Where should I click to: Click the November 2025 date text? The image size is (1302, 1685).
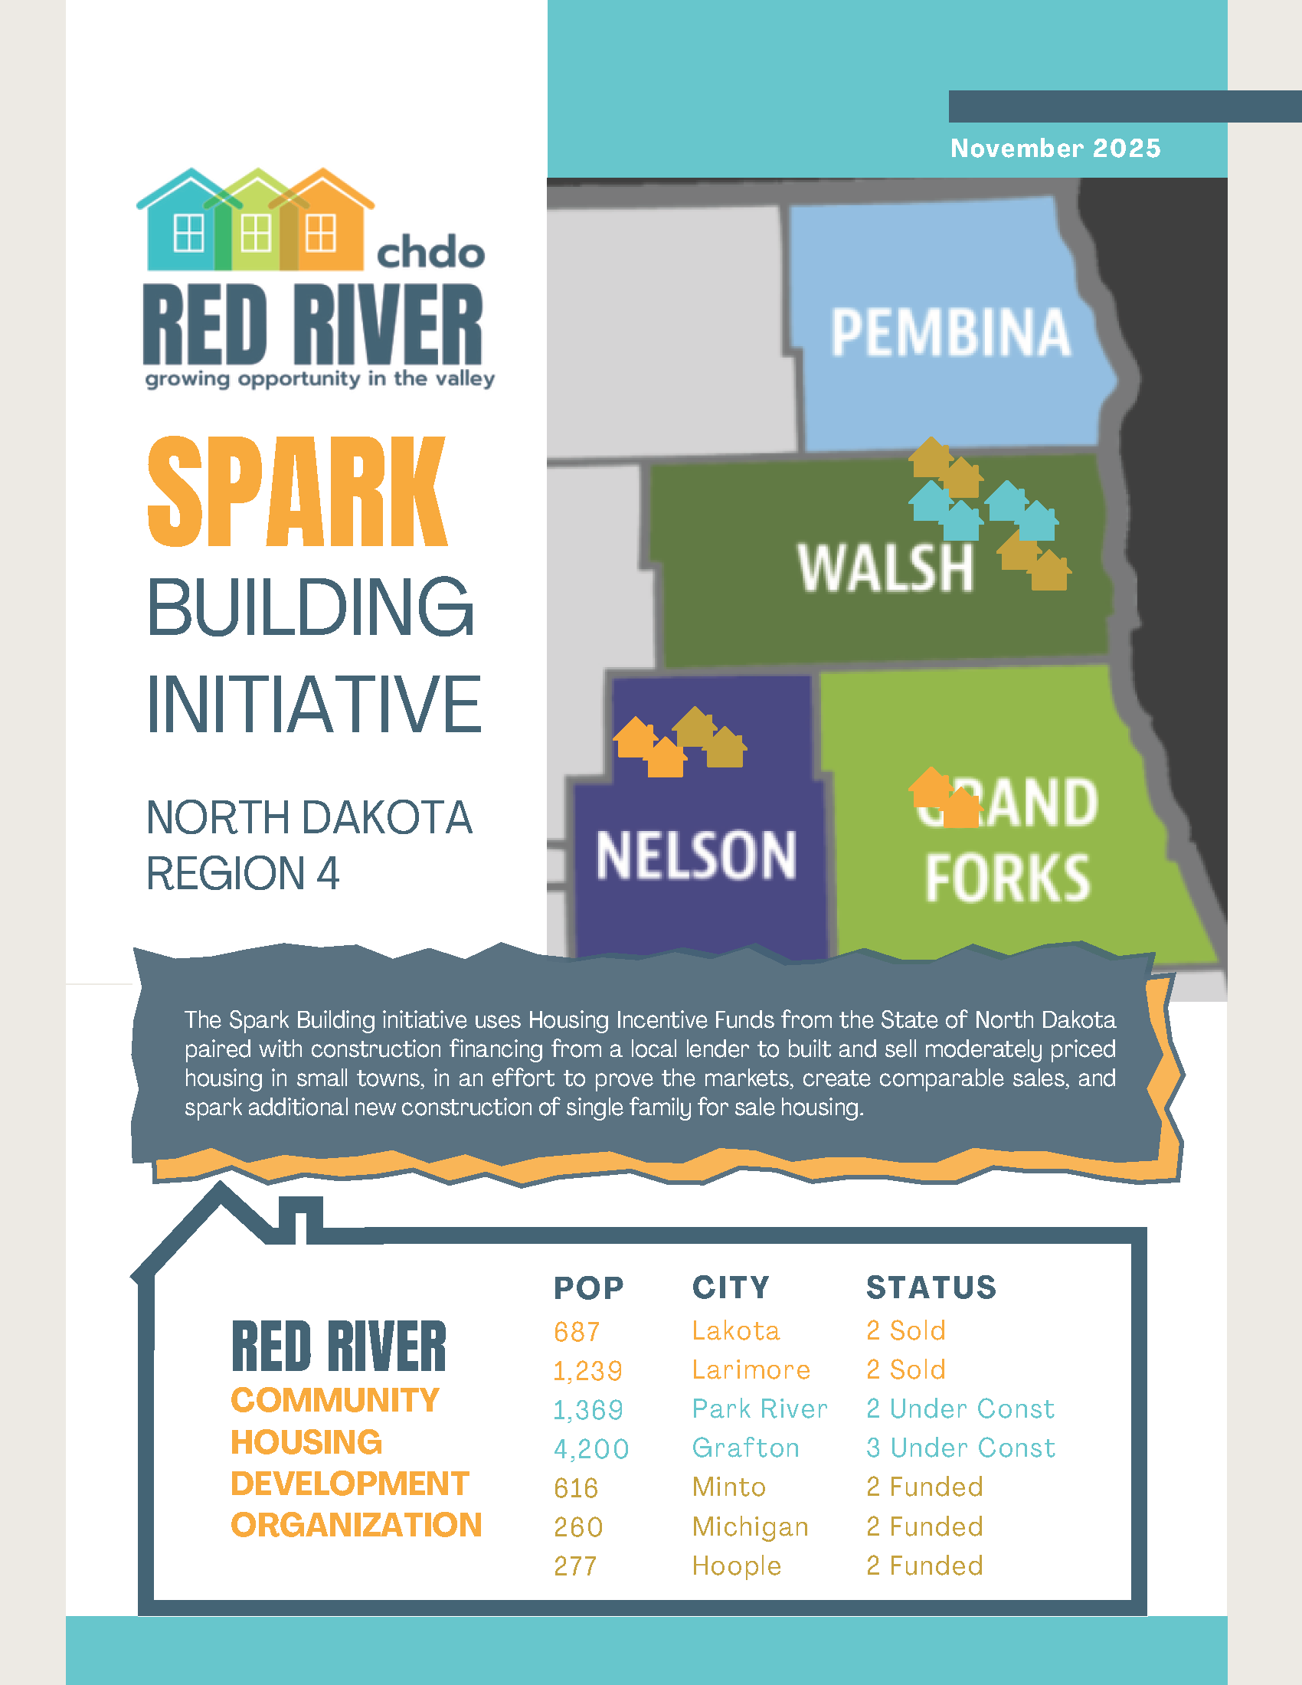point(1055,148)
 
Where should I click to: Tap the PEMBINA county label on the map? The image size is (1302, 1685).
point(950,332)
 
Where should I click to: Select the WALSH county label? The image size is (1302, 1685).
point(885,568)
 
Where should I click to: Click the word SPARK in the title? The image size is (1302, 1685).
point(297,492)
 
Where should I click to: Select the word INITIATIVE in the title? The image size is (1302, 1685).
point(314,704)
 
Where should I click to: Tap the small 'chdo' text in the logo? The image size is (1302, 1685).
point(430,252)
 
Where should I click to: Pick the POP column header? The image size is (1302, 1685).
point(588,1287)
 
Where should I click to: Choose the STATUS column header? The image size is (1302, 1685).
point(931,1287)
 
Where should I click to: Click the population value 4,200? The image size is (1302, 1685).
point(591,1449)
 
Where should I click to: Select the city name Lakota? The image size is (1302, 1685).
point(736,1330)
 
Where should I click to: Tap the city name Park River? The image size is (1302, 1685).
point(760,1409)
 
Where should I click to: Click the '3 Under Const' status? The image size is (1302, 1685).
point(960,1448)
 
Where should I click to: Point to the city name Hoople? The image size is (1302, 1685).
point(737,1566)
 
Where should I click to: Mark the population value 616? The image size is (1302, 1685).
point(576,1487)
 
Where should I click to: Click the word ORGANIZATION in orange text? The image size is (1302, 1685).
point(356,1524)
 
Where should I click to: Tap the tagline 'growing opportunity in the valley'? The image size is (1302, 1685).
point(320,379)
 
